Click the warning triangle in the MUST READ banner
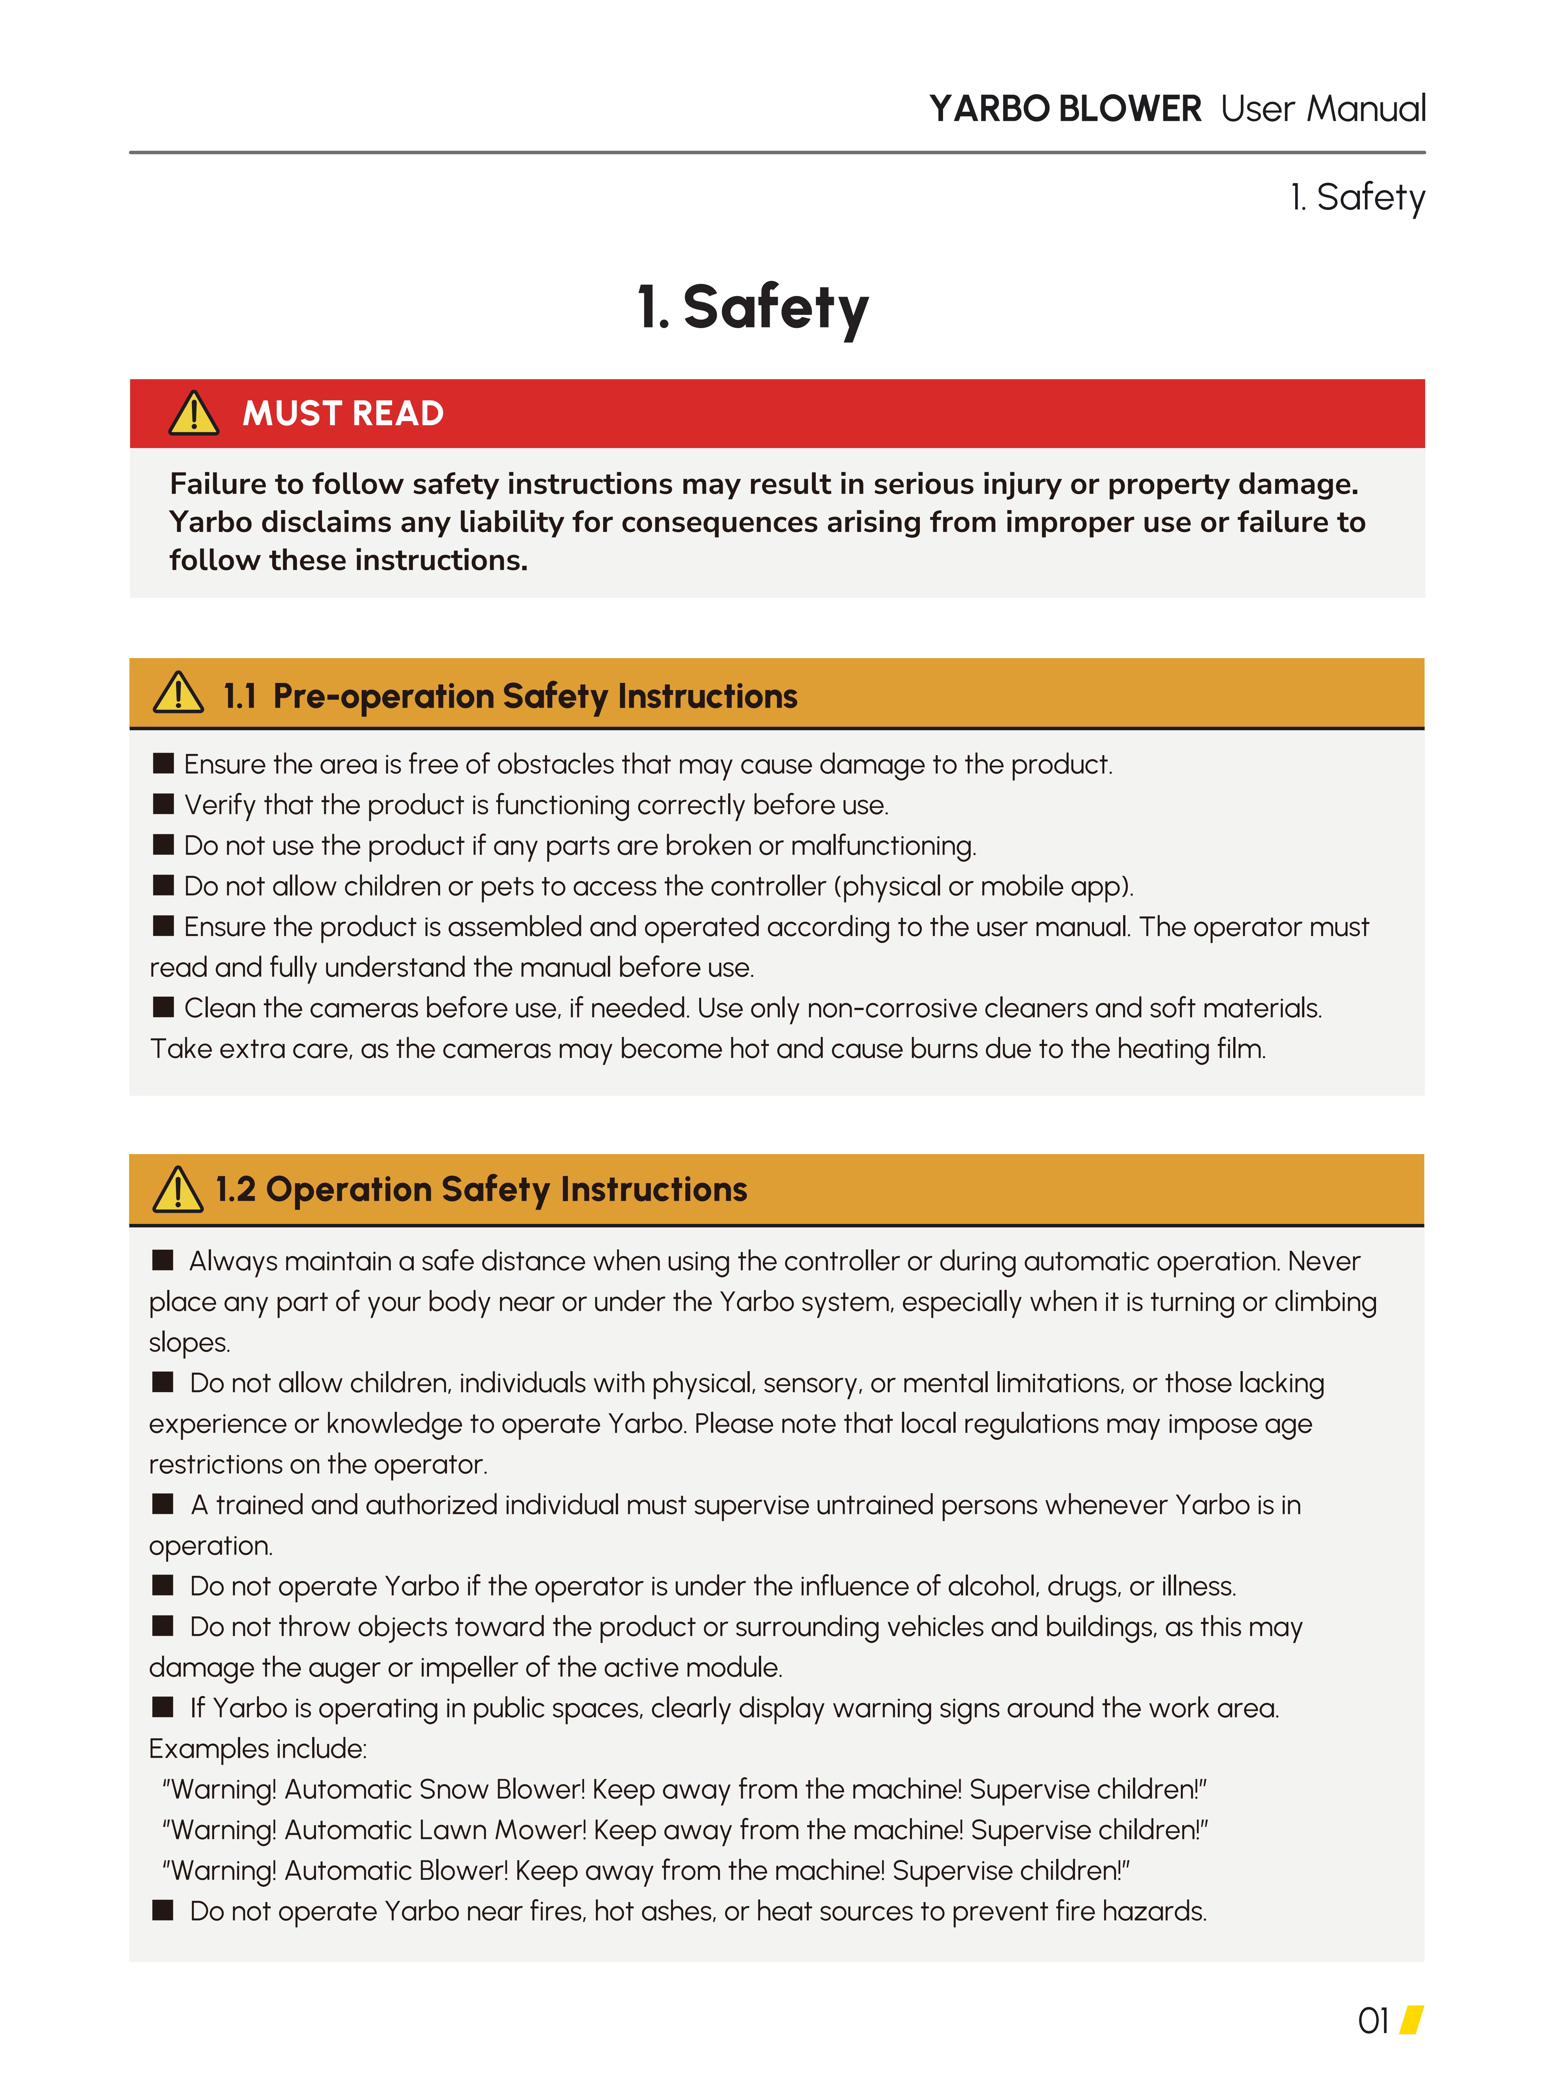[194, 414]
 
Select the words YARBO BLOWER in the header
[1065, 109]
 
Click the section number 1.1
[240, 696]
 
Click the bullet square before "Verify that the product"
[164, 803]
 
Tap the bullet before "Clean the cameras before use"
[164, 1007]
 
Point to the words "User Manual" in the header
[1323, 109]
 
